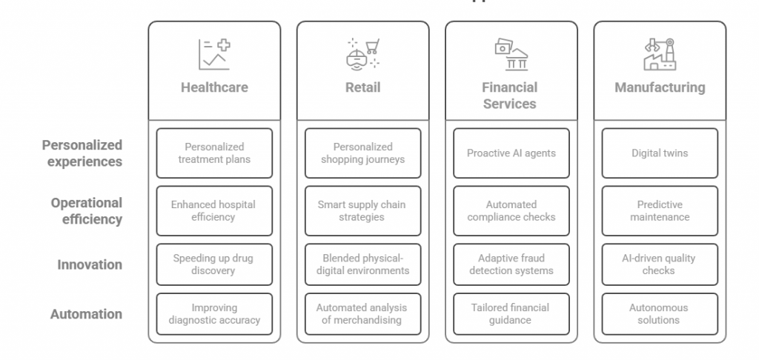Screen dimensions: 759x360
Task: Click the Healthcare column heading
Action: (x=214, y=87)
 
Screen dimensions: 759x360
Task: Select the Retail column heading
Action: (x=362, y=87)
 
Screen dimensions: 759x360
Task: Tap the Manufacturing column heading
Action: (x=660, y=87)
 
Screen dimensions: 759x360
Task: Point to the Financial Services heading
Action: (x=510, y=96)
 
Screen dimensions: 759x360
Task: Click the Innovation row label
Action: (x=90, y=264)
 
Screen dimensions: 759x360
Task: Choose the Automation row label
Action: (x=86, y=314)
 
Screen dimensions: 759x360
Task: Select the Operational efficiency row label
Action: (x=87, y=211)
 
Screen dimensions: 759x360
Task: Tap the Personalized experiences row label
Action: (x=82, y=153)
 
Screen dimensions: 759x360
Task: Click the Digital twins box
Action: (x=660, y=153)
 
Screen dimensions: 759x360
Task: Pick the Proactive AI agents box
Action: (x=511, y=153)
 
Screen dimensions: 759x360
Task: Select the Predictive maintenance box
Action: (x=660, y=211)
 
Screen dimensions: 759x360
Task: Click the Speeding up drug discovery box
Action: (x=214, y=264)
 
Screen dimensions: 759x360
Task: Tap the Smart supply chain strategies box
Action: (x=362, y=211)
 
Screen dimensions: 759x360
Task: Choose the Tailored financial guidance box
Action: (x=511, y=313)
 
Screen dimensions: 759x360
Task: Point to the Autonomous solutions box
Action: (x=660, y=313)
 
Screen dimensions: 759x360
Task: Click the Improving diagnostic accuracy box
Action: (x=214, y=313)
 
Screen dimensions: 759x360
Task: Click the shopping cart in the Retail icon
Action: (x=372, y=47)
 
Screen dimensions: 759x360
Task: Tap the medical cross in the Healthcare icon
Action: (x=224, y=45)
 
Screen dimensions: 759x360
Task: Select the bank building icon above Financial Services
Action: (x=516, y=59)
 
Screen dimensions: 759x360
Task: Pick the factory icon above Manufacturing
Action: (x=660, y=54)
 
